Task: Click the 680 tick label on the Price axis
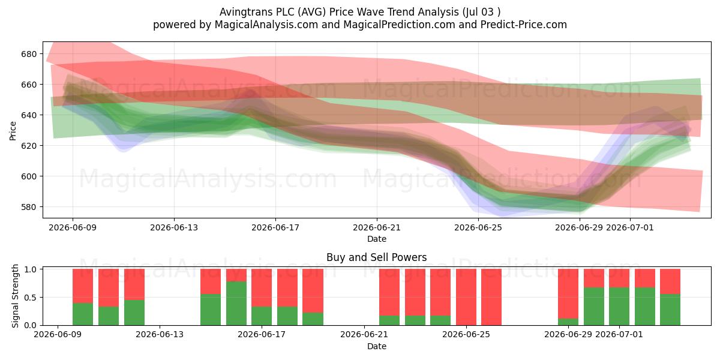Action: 29,54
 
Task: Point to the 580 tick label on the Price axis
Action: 29,207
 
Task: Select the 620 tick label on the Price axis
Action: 29,146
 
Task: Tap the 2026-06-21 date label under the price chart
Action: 377,227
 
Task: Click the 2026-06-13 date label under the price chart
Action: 174,227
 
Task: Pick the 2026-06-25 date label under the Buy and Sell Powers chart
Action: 466,334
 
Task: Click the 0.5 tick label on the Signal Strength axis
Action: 31,298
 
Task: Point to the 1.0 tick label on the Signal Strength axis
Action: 31,269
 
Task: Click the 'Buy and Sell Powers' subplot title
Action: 377,257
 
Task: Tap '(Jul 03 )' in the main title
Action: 481,12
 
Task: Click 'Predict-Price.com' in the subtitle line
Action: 524,25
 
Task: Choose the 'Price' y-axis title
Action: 13,131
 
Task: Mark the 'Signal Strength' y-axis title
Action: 15,296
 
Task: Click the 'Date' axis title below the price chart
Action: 377,239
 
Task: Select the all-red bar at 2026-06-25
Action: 466,297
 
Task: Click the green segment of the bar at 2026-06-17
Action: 262,316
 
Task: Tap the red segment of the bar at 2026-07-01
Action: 619,278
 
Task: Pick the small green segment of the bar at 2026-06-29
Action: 568,322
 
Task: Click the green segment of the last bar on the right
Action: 670,310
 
